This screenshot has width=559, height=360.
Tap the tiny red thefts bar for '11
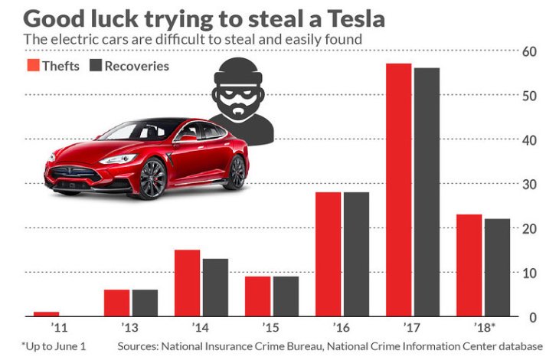(x=46, y=314)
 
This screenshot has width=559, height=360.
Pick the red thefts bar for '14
(x=187, y=283)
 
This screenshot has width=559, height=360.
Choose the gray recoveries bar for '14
(x=215, y=288)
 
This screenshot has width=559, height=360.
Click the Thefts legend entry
(x=53, y=66)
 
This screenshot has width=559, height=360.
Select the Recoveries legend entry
(x=129, y=66)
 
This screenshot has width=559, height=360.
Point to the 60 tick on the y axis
(x=528, y=51)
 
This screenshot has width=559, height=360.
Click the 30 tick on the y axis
(x=528, y=185)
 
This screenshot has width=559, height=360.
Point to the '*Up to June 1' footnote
(x=54, y=347)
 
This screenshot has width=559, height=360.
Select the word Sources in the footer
(x=139, y=347)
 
